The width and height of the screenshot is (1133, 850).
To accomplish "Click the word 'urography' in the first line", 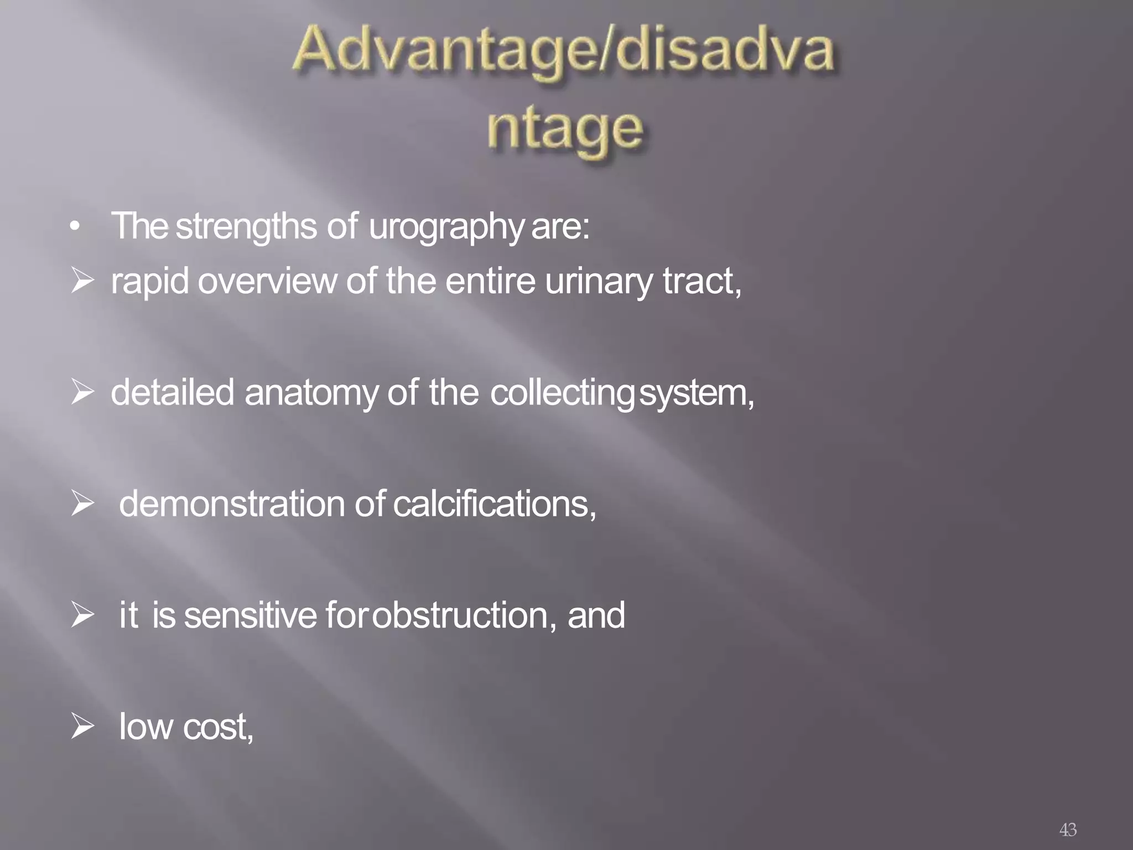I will coord(445,227).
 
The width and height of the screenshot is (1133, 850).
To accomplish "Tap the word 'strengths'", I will coord(246,227).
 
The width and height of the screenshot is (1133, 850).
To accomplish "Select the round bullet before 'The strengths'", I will coord(76,227).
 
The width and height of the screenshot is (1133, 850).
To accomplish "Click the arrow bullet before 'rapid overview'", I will coord(82,282).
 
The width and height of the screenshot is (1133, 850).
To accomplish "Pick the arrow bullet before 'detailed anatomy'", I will coord(82,393).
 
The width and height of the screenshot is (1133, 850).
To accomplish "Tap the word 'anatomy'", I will coord(311,393).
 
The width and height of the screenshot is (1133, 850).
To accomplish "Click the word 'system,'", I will coord(697,393).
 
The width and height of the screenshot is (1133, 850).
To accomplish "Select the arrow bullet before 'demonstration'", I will coord(82,505).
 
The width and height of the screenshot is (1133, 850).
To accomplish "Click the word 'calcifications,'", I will coord(495,505).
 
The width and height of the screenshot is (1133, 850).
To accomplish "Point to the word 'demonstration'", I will coord(232,505).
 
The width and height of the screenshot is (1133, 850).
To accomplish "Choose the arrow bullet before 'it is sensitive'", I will coord(82,616).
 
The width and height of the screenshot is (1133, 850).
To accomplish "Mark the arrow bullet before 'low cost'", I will coord(82,727).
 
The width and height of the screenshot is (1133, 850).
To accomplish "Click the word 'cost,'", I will coord(218,727).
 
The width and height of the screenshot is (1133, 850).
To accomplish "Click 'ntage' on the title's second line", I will coord(565,131).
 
